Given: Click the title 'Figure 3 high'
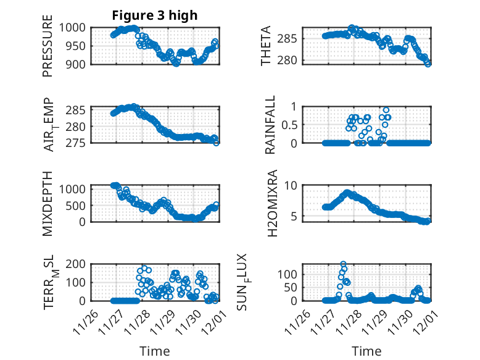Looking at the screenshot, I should [x=155, y=15].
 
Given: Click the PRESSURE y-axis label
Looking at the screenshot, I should [x=48, y=46].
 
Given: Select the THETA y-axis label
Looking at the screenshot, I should [x=266, y=46].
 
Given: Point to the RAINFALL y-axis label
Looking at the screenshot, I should [x=270, y=125].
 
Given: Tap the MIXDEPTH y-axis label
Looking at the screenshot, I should [x=48, y=203].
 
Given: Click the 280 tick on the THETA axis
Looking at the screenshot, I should [x=294, y=60].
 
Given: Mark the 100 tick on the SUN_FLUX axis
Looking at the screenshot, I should [x=292, y=274].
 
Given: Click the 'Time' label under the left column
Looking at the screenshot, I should [x=154, y=351].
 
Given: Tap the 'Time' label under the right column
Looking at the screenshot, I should [x=366, y=351].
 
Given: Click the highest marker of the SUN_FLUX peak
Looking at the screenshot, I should [x=343, y=264].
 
